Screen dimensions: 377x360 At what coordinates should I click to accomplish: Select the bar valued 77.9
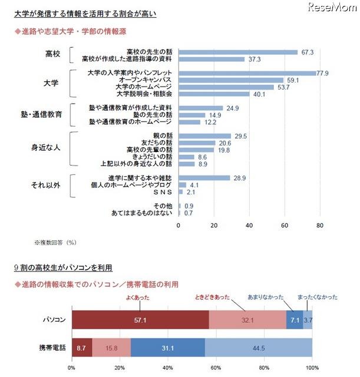pos(246,73)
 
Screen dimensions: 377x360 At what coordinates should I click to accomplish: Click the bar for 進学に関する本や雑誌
pos(203,177)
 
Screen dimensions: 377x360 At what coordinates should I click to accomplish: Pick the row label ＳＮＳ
pos(163,192)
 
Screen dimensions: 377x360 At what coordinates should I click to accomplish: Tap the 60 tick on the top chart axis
pos(285,225)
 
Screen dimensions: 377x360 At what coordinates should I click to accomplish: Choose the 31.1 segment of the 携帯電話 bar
pos(167,348)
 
